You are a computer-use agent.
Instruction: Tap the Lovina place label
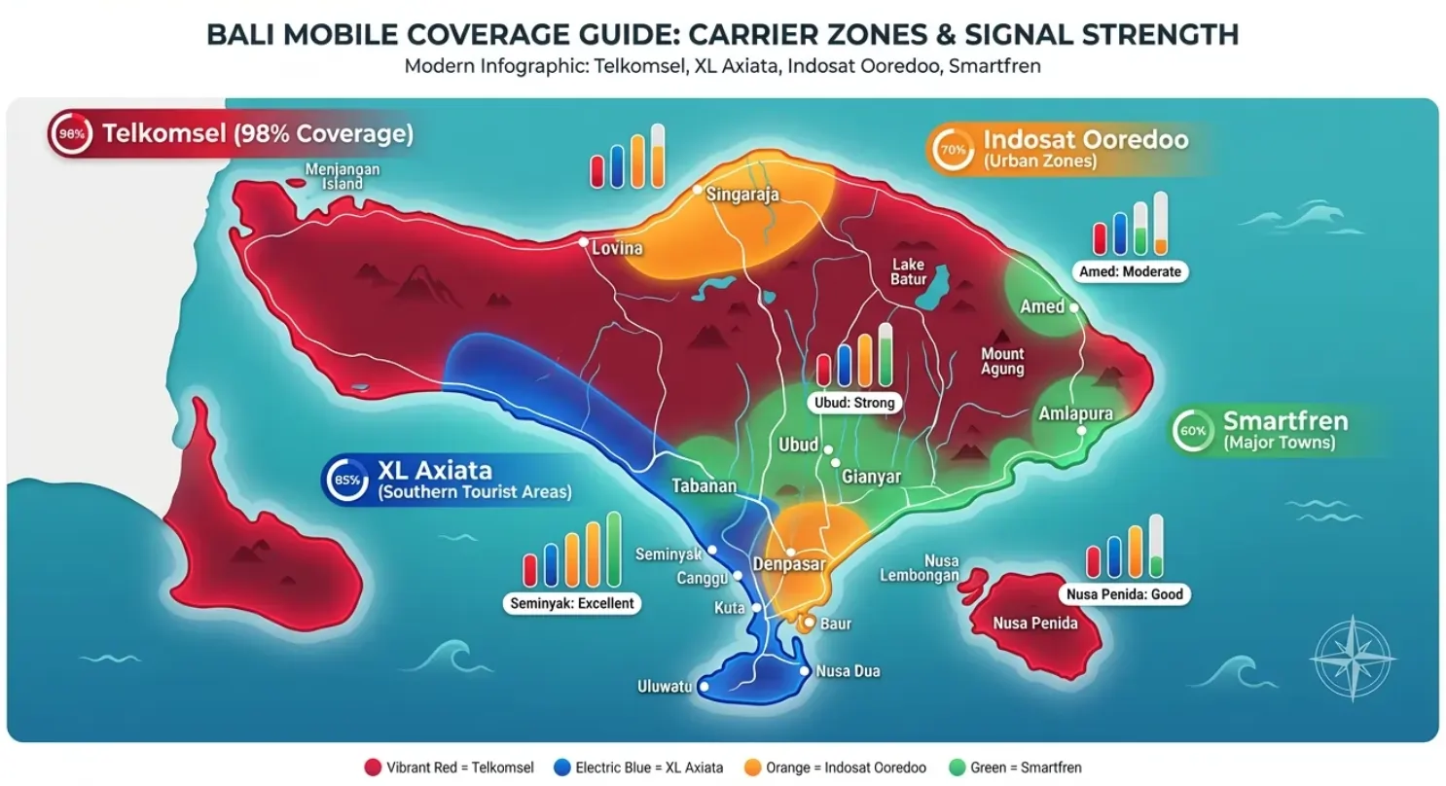[617, 249]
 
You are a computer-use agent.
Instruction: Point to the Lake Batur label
[908, 272]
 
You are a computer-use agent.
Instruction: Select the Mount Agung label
[1001, 361]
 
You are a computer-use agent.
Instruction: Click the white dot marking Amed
[1073, 306]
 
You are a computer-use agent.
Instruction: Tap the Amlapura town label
[1075, 414]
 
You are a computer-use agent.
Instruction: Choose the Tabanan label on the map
[705, 486]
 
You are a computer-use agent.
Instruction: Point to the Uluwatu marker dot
[704, 687]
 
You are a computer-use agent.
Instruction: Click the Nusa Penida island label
[1035, 623]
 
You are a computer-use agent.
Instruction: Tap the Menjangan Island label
[342, 176]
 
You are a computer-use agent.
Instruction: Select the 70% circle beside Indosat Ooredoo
[954, 150]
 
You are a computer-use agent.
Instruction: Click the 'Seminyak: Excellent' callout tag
[572, 603]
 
